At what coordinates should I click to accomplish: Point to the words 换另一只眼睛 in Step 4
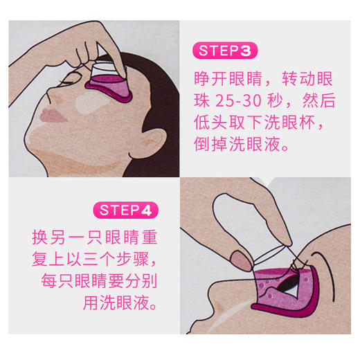coord(83,237)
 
